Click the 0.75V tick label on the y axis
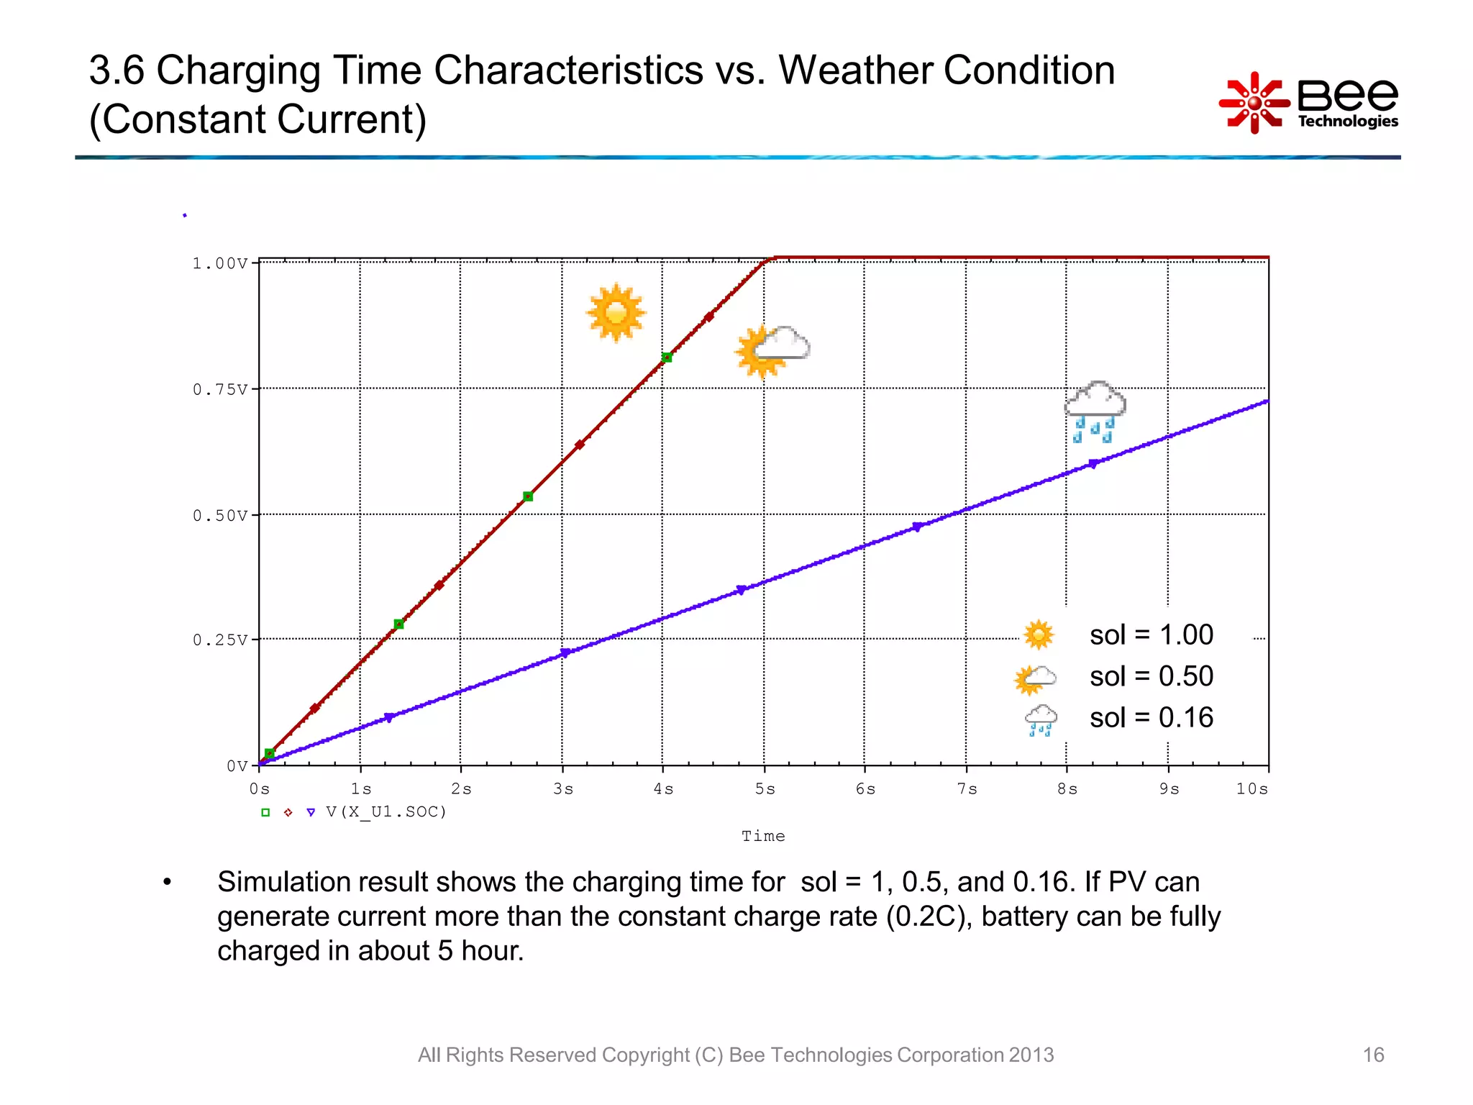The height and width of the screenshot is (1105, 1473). [x=219, y=390]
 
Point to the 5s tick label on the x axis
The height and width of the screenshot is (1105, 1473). [x=765, y=789]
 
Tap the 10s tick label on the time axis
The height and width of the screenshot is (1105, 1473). [x=1251, y=789]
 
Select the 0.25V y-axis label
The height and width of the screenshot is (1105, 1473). [x=219, y=640]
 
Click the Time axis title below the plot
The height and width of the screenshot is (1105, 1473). [x=763, y=836]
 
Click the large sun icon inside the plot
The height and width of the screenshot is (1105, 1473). [x=616, y=313]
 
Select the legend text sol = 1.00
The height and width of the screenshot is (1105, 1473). [x=1151, y=635]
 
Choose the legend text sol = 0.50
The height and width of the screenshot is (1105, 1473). [x=1151, y=676]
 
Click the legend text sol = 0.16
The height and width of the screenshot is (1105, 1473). [x=1151, y=718]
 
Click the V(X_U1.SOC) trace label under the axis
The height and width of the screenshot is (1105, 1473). [x=386, y=812]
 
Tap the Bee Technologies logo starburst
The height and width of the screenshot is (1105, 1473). [x=1254, y=103]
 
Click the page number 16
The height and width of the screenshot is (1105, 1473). [x=1372, y=1055]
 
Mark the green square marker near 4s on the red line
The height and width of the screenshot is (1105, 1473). [x=667, y=358]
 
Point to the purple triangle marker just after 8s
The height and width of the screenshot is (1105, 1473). [x=1093, y=465]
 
